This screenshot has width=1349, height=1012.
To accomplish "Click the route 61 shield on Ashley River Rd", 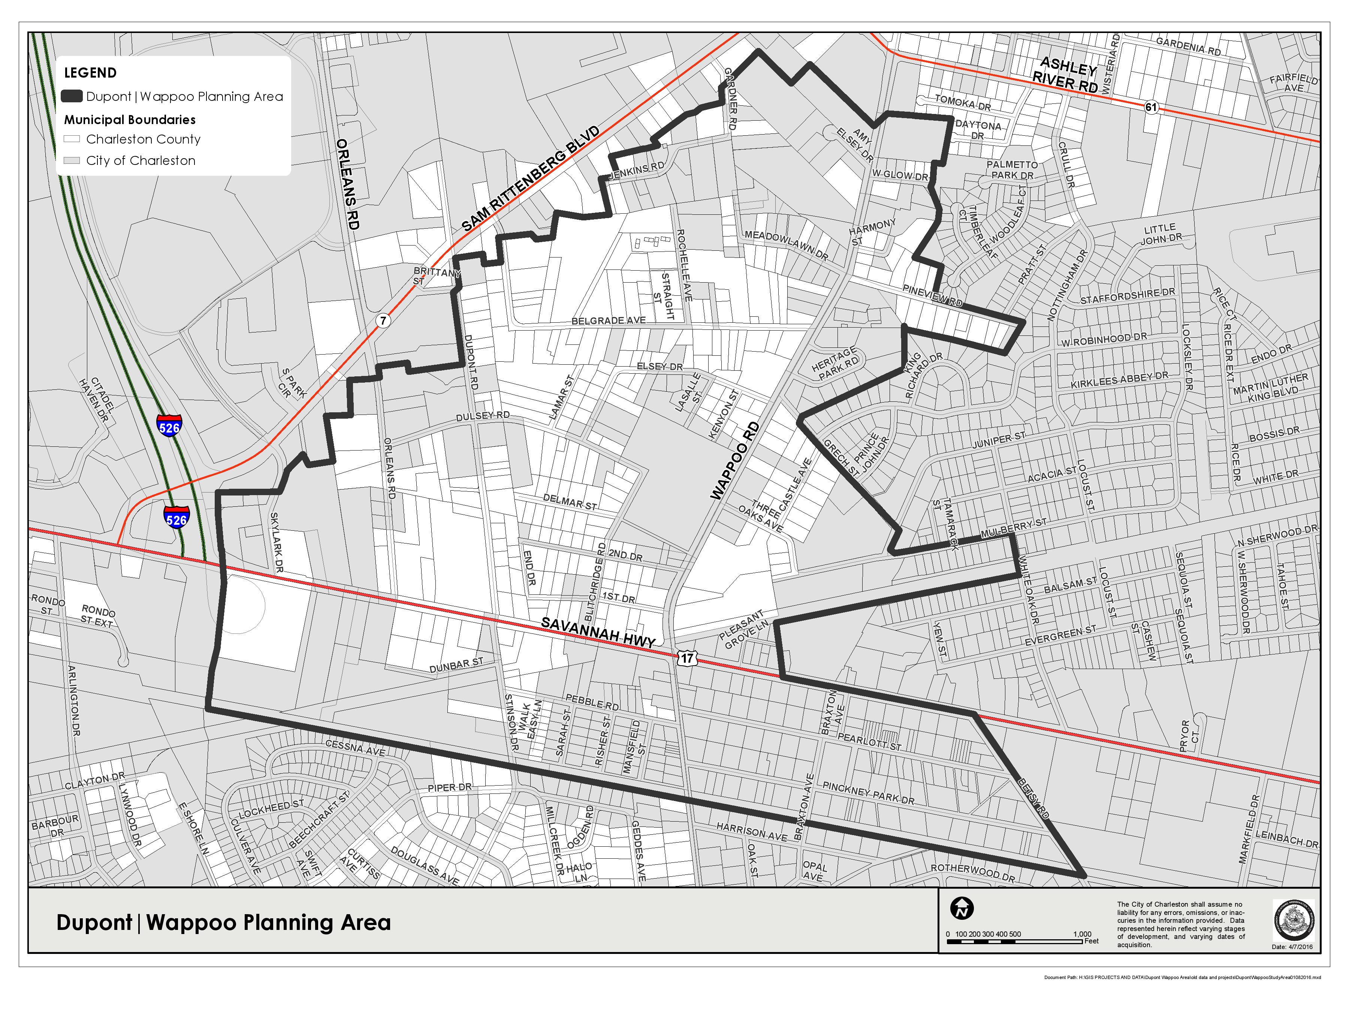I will click(1150, 107).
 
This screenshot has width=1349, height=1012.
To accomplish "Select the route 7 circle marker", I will click(382, 320).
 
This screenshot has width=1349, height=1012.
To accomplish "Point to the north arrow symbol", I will click(962, 909).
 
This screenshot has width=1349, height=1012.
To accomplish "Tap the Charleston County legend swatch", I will click(72, 139).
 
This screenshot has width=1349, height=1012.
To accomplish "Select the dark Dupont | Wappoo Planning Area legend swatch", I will click(72, 96).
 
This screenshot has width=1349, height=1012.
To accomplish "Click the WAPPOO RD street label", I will click(735, 461).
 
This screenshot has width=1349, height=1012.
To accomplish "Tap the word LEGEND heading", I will click(90, 73).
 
